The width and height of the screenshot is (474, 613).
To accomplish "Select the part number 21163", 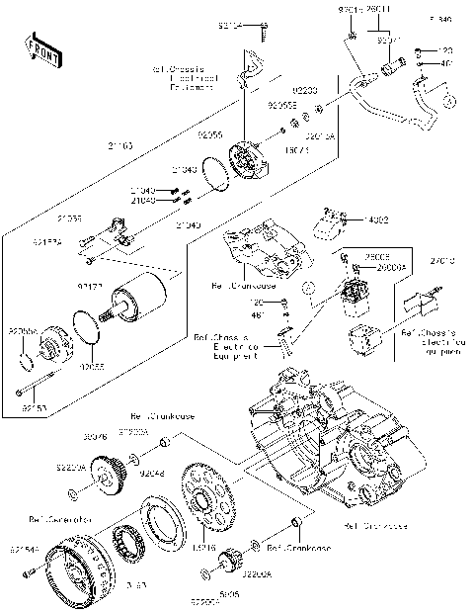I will [x=121, y=145].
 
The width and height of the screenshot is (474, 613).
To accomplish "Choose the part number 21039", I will [x=69, y=217].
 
